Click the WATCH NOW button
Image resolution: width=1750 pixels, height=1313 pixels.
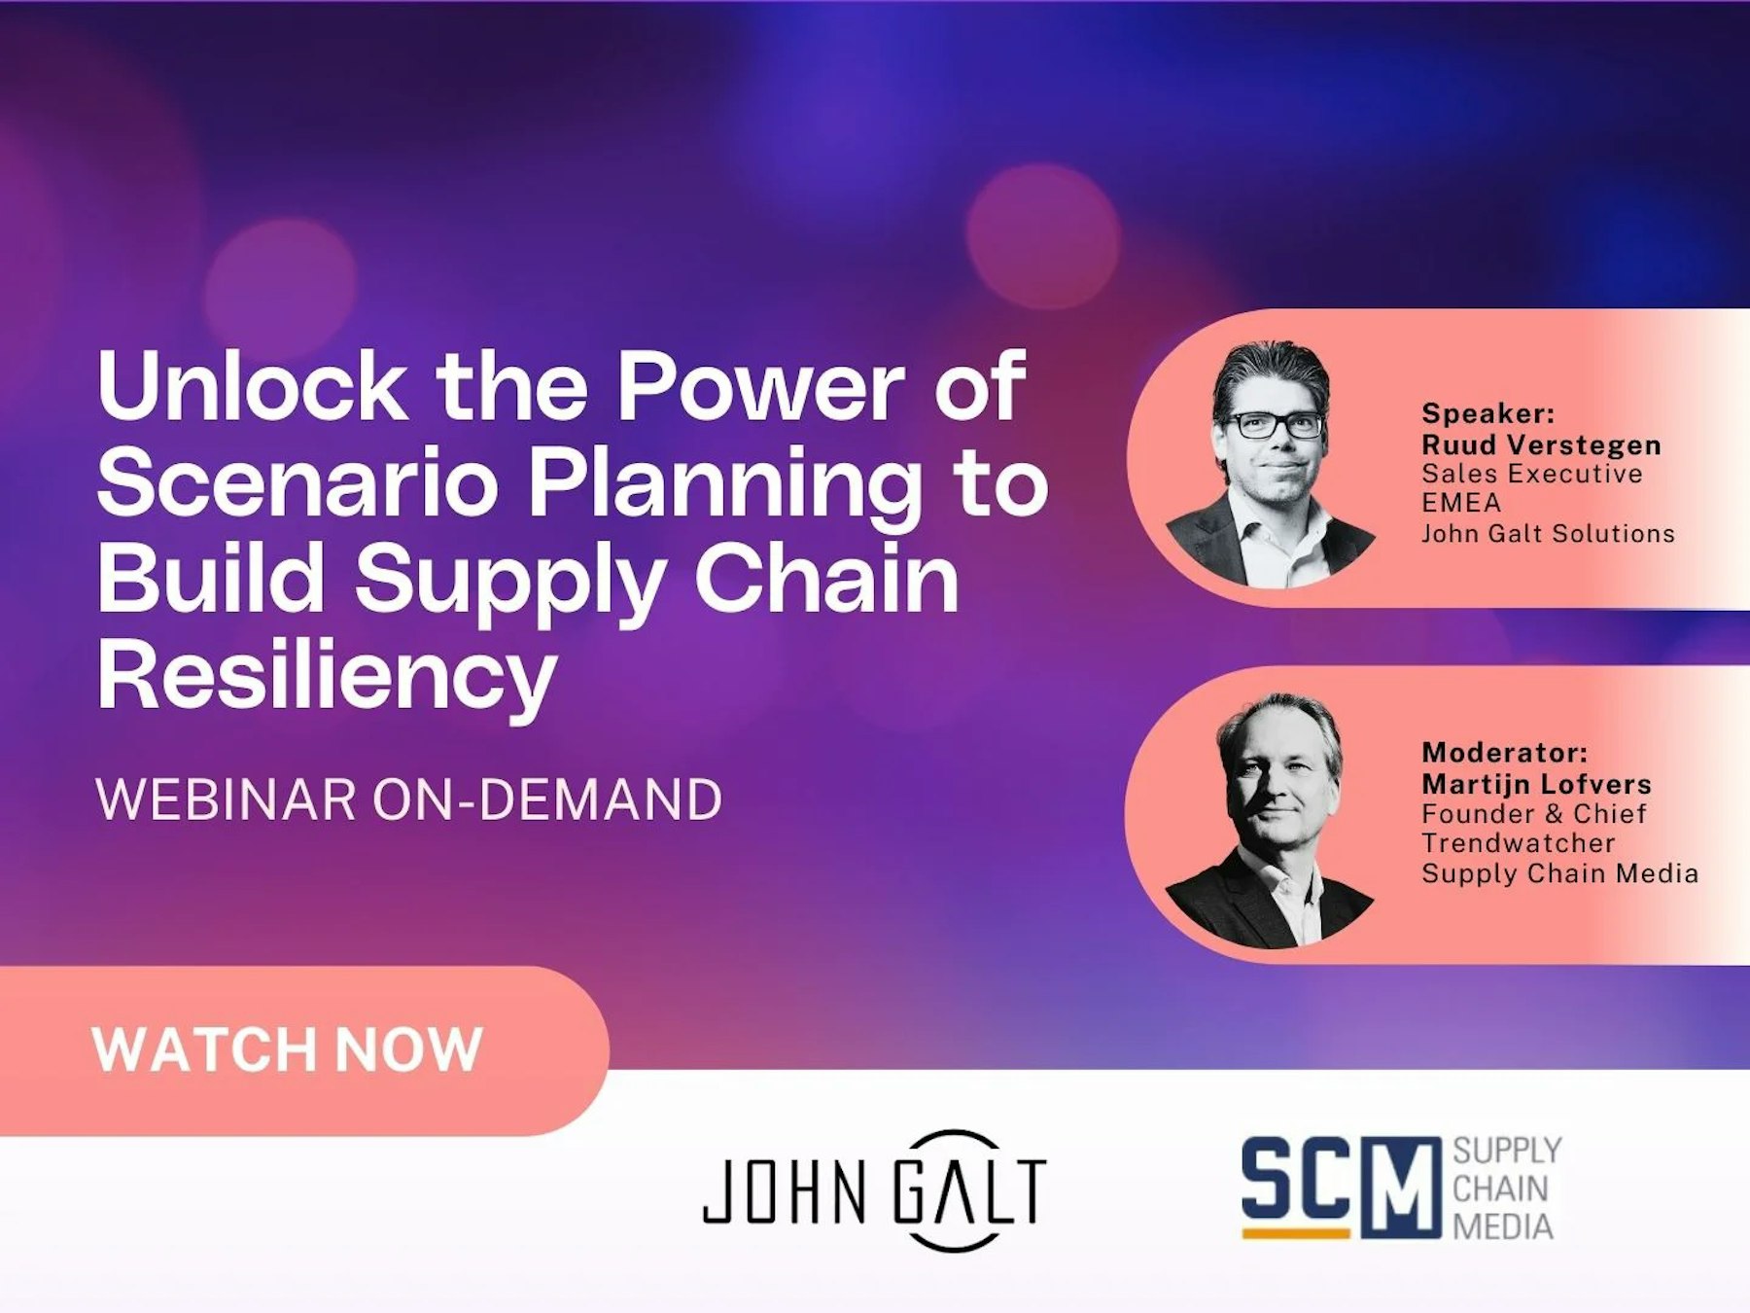pyautogui.click(x=288, y=1050)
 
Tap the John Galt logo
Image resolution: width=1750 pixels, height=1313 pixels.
pyautogui.click(x=874, y=1190)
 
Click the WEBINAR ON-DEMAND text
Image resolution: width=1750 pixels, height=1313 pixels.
pyautogui.click(x=408, y=799)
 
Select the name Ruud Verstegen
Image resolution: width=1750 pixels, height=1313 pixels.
pyautogui.click(x=1541, y=445)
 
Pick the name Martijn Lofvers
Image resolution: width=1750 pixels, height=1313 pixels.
pyautogui.click(x=1536, y=784)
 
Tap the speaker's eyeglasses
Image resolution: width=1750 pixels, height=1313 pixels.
pyautogui.click(x=1274, y=424)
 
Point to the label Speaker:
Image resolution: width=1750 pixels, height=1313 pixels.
pyautogui.click(x=1487, y=413)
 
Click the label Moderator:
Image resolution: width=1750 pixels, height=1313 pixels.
pyautogui.click(x=1504, y=752)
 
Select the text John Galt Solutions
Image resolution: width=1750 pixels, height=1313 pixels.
pyautogui.click(x=1548, y=533)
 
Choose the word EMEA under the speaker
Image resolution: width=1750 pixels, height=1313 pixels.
pyautogui.click(x=1461, y=503)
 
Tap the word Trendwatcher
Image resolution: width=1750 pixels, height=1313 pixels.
pyautogui.click(x=1518, y=842)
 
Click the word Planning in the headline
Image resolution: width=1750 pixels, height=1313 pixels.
pyautogui.click(x=724, y=483)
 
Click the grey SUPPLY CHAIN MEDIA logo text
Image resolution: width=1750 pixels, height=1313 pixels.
pyautogui.click(x=1506, y=1189)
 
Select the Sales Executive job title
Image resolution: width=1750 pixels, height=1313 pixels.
pyautogui.click(x=1531, y=474)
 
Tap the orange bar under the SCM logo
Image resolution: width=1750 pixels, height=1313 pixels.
pyautogui.click(x=1296, y=1233)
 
